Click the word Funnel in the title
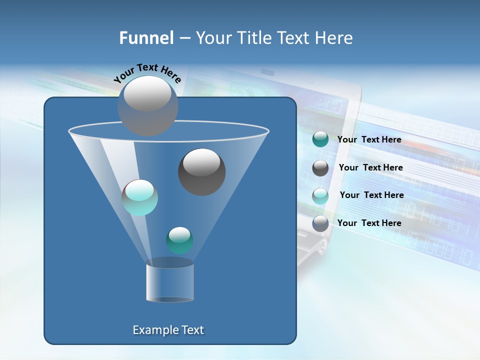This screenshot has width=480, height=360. pos(146,38)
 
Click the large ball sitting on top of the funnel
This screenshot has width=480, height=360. pos(147,105)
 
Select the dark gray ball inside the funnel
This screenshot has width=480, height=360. pos(201,172)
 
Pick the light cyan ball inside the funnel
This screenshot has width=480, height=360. pos(140,197)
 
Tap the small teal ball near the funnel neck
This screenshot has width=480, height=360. pos(179,240)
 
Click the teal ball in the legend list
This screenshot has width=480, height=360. pos(320,139)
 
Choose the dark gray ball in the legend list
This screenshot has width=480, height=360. pos(320,167)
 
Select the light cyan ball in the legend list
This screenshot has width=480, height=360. pos(320,195)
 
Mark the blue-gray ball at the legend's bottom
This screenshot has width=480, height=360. pos(320,223)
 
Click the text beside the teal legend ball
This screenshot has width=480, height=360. pos(369,139)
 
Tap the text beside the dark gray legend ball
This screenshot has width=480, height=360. pos(370,167)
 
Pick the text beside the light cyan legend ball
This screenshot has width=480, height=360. pos(371,195)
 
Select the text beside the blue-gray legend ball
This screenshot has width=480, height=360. pos(369,223)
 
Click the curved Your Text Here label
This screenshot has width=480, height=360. pos(147,73)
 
